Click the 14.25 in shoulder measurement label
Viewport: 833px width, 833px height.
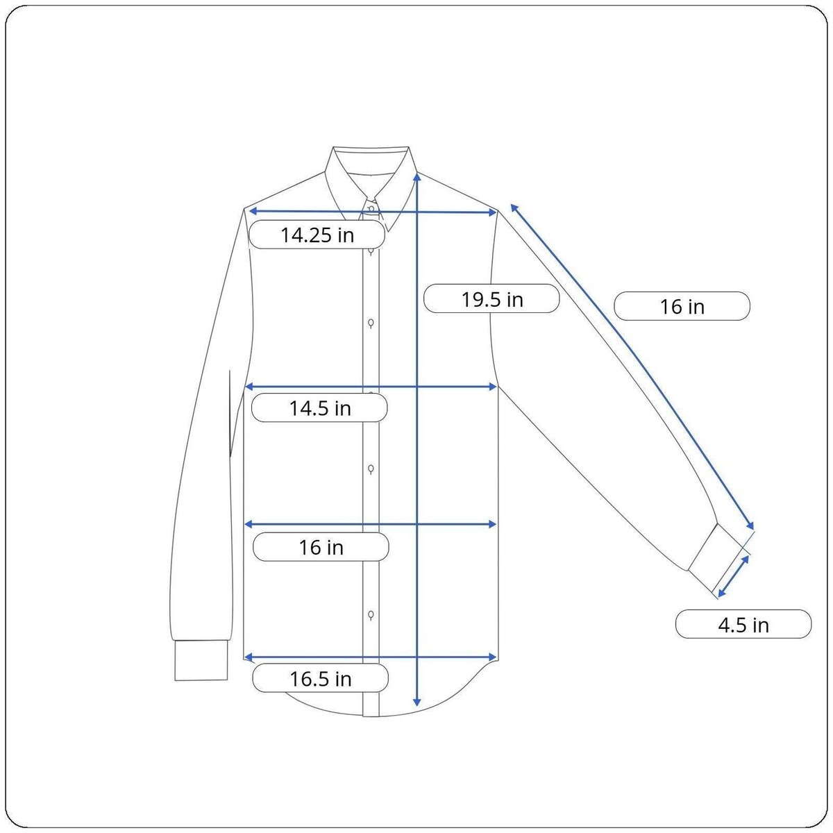click(317, 235)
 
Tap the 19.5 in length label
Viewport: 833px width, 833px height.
click(491, 298)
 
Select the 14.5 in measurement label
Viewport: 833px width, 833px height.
click(319, 407)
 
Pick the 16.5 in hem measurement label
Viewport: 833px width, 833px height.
click(320, 678)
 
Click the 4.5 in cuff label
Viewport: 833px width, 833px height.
click(743, 624)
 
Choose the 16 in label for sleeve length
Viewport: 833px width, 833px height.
click(682, 306)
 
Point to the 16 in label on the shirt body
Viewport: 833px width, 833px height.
click(321, 547)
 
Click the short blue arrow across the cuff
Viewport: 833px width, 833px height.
click(733, 576)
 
